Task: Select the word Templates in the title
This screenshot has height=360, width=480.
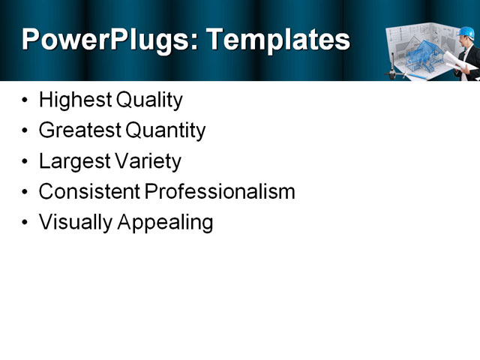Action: tap(277, 39)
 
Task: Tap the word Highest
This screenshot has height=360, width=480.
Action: tap(74, 100)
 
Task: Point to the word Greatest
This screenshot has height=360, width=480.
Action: tap(79, 130)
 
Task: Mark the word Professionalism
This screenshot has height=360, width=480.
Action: tap(220, 192)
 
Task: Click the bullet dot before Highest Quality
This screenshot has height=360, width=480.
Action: tap(27, 100)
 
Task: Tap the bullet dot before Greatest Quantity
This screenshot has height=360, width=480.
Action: tap(27, 131)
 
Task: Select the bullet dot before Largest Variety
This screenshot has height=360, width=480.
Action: tap(27, 162)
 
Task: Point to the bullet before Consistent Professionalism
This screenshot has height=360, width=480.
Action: tap(27, 193)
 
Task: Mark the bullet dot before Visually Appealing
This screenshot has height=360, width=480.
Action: tap(27, 223)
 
